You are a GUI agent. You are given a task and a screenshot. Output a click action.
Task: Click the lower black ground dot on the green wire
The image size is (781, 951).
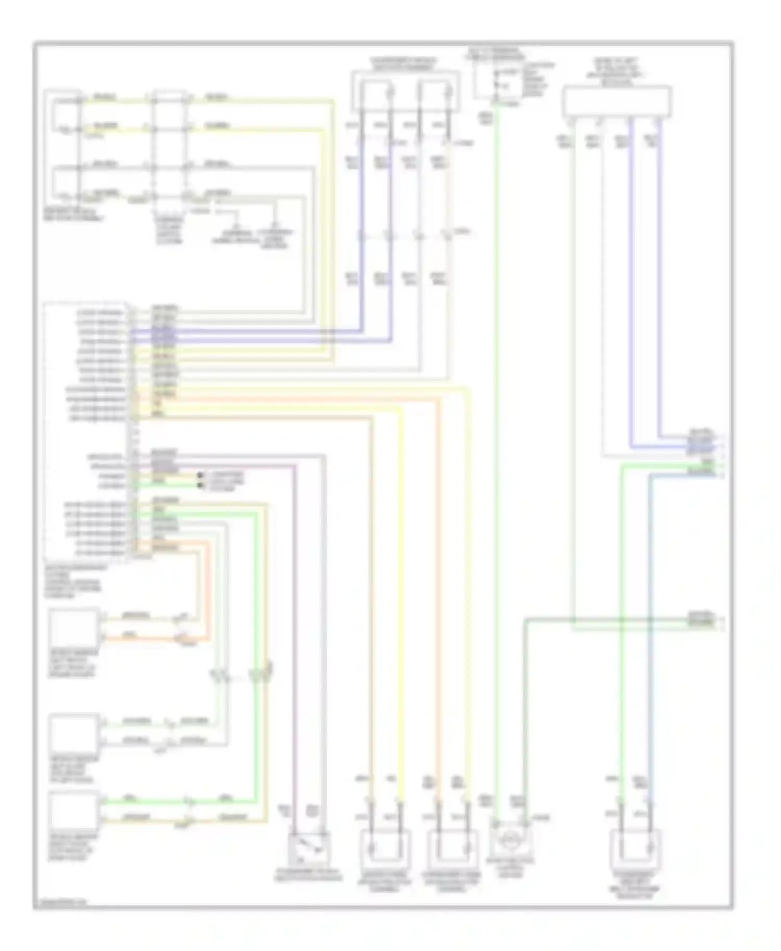tap(200, 485)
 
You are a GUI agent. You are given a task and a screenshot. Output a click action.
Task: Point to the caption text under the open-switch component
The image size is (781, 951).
tap(308, 876)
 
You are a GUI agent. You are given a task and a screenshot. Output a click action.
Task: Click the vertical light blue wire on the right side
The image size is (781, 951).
tap(649, 650)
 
